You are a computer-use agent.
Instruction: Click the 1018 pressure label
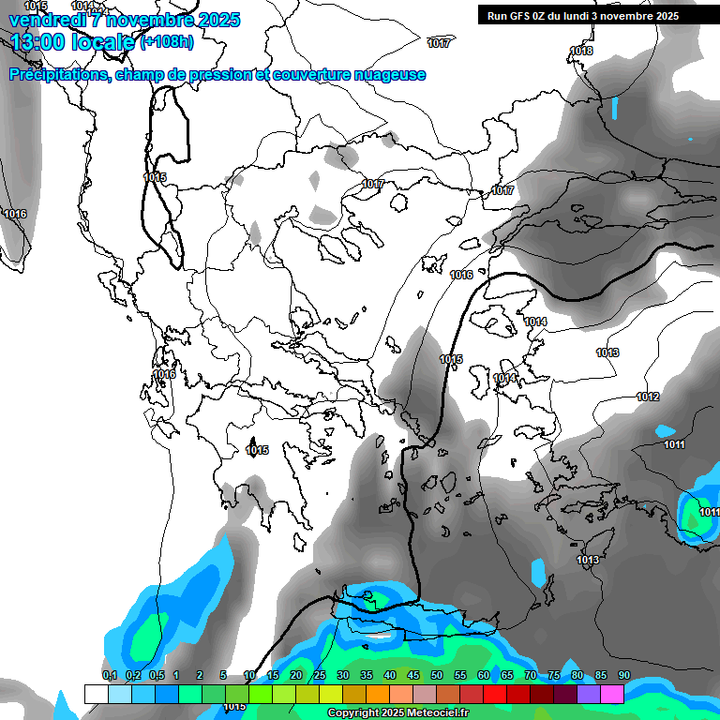tap(581, 51)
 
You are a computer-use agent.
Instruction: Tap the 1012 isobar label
tap(648, 397)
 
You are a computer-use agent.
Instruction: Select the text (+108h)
tap(167, 42)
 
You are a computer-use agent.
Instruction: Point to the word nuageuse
tap(386, 75)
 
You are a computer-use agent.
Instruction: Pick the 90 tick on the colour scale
tap(623, 675)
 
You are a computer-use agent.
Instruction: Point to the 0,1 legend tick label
tap(109, 675)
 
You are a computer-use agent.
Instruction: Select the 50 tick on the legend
tap(437, 675)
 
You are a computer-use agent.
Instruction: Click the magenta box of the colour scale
tap(612, 694)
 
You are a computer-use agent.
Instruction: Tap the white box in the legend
tap(96, 694)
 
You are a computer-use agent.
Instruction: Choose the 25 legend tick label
tap(320, 675)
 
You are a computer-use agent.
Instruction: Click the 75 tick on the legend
tap(554, 675)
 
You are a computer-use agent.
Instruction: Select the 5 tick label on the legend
tap(223, 675)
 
